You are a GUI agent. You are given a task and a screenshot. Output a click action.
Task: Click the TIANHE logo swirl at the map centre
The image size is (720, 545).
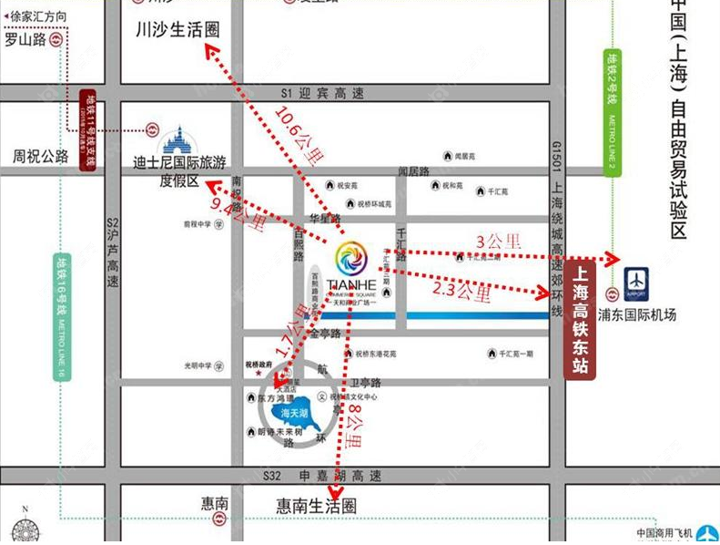pyautogui.click(x=351, y=258)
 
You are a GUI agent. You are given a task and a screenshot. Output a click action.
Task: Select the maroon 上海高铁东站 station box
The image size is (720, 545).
pyautogui.click(x=581, y=319)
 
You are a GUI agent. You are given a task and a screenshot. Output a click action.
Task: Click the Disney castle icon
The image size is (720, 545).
pyautogui.click(x=178, y=139)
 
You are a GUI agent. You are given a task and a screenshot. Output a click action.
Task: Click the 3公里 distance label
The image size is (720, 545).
pyautogui.click(x=499, y=242)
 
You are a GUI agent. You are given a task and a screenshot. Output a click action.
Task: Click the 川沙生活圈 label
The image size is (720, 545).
pyautogui.click(x=177, y=29)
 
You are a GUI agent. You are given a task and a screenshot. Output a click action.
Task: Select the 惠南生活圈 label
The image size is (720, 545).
pyautogui.click(x=316, y=506)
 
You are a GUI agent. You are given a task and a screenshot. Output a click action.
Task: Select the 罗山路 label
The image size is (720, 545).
pyautogui.click(x=25, y=40)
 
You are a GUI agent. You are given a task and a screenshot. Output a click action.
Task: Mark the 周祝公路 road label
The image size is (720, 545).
pyautogui.click(x=41, y=157)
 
